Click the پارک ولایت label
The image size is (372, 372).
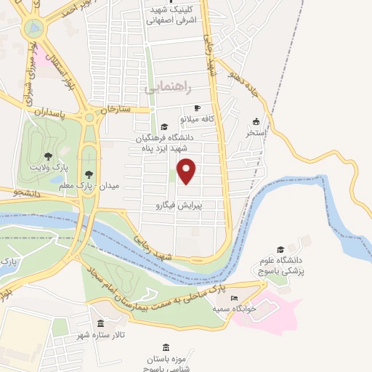click(x=48, y=167)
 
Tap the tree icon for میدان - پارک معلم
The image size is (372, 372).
click(x=89, y=174)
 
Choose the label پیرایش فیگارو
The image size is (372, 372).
click(x=177, y=206)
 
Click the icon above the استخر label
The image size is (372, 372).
click(x=256, y=121)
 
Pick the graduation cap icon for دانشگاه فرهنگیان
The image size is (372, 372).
click(x=163, y=126)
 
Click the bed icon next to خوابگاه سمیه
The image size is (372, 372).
click(x=233, y=298)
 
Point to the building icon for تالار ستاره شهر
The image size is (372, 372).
click(x=100, y=323)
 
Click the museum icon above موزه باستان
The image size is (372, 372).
click(x=167, y=347)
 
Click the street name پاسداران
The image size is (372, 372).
click(x=52, y=115)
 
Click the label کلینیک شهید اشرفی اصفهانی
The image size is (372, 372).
click(x=171, y=14)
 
